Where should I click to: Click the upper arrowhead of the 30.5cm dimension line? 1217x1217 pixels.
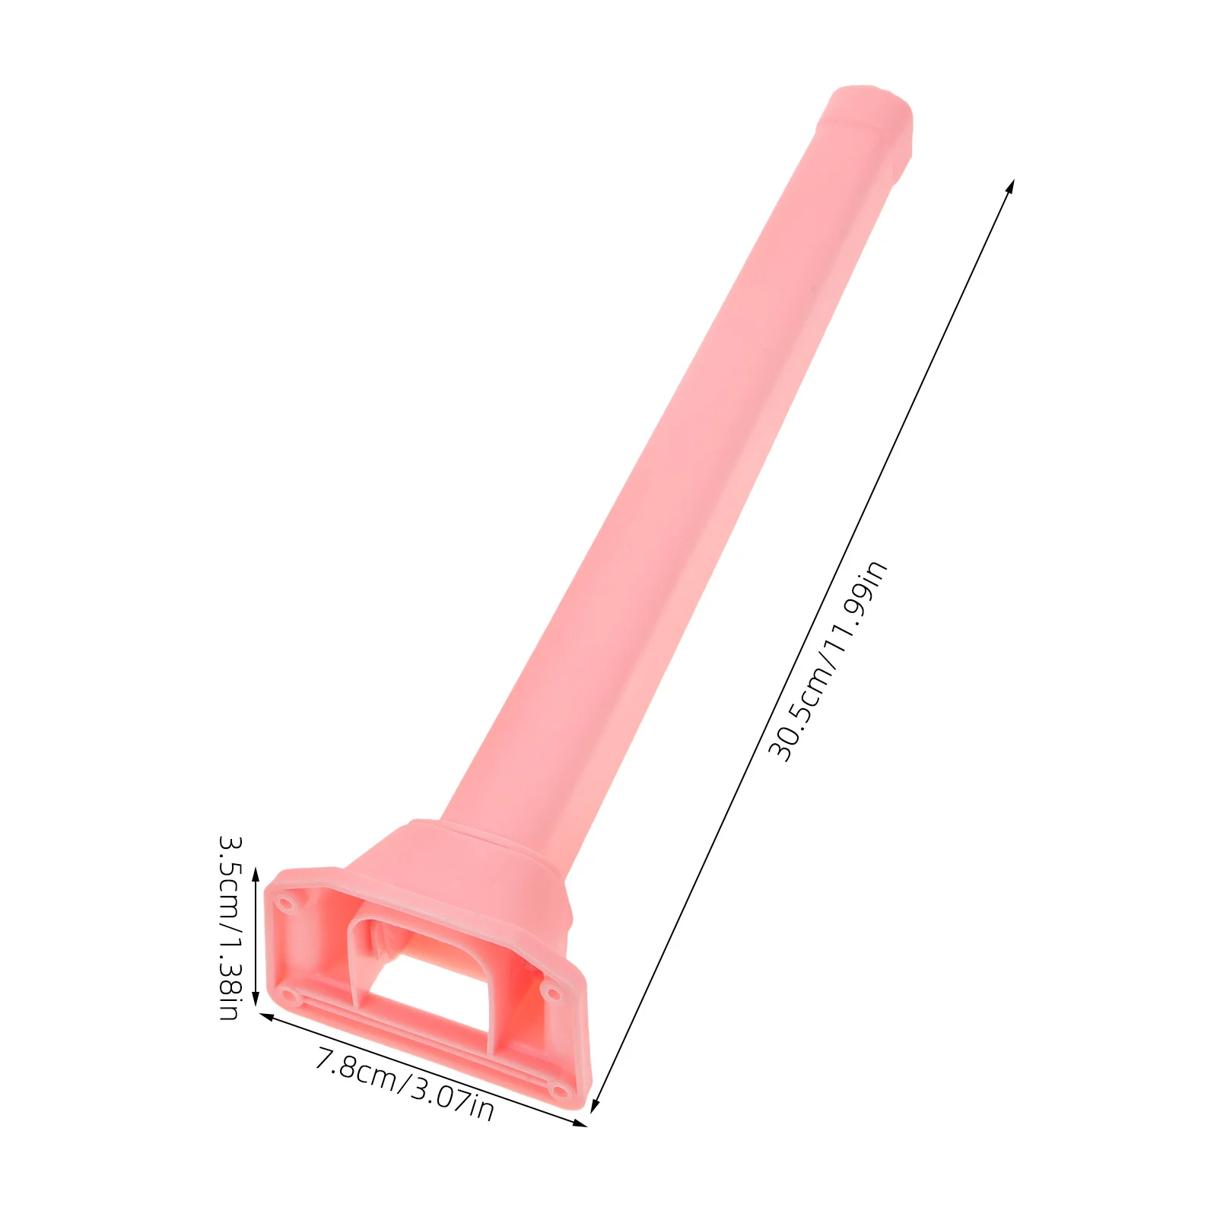point(1011,185)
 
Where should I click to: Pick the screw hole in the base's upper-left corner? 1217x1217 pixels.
point(286,904)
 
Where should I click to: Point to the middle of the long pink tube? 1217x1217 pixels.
point(677,472)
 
